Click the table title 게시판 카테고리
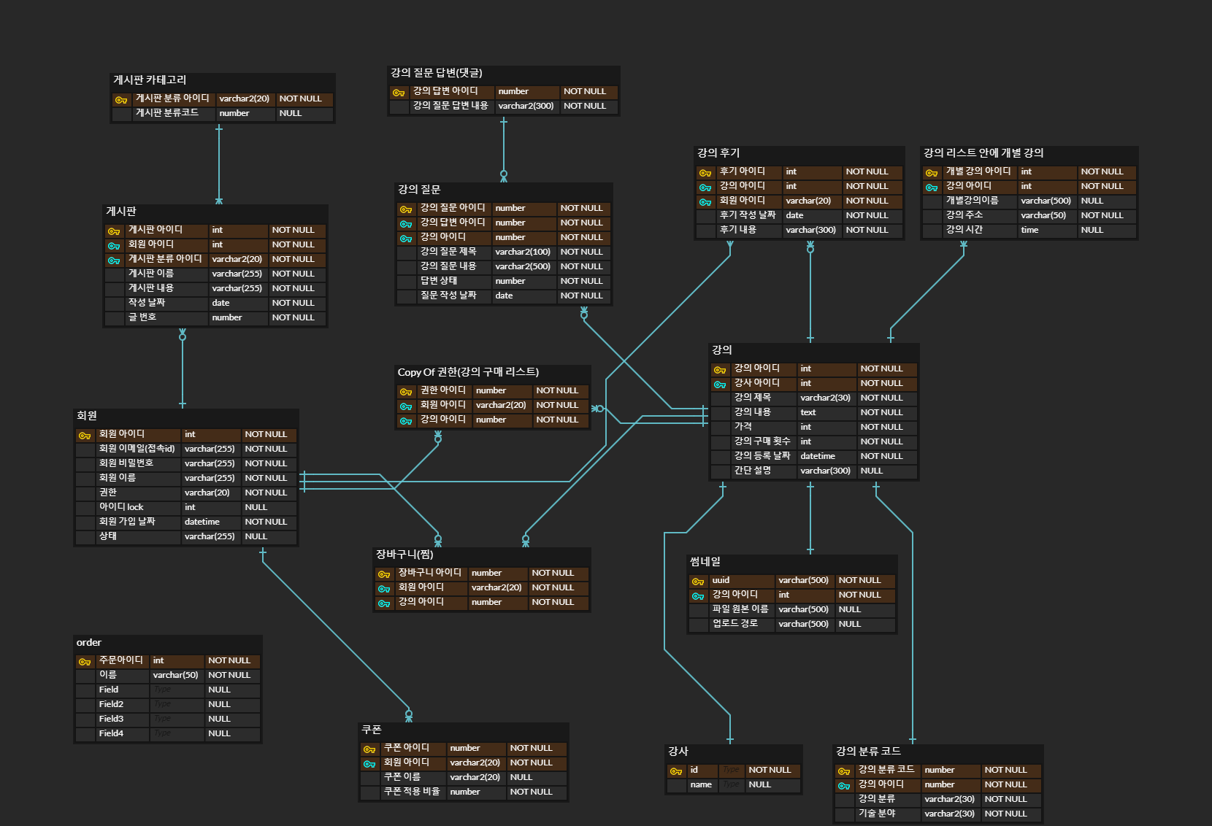tap(150, 80)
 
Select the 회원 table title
tap(87, 416)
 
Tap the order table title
tap(89, 643)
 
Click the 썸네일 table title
tap(705, 562)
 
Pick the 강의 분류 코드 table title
tap(868, 752)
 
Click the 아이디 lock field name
tap(121, 507)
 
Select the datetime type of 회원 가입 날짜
tap(202, 522)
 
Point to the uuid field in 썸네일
tap(721, 580)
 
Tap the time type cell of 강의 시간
tap(1029, 230)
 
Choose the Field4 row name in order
tap(111, 733)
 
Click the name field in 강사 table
tap(701, 784)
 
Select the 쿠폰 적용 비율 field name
tap(412, 792)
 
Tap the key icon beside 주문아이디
tap(85, 661)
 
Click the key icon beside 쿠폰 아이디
tap(369, 749)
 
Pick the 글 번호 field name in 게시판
tap(142, 317)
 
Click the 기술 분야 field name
tap(877, 814)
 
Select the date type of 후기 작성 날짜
tap(794, 215)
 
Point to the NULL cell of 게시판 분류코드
tap(290, 113)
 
